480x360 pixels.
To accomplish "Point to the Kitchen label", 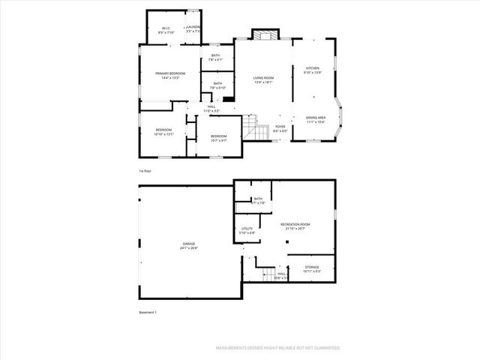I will tap(313, 67).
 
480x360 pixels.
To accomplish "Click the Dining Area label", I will tap(315, 117).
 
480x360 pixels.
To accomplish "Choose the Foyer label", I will tap(280, 127).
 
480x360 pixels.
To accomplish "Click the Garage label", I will tap(188, 244).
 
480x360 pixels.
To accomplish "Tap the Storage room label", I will tap(311, 266).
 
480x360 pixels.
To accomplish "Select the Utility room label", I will tap(247, 229).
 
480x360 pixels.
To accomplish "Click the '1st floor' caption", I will tap(145, 172).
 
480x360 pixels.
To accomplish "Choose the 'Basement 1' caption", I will tap(148, 312).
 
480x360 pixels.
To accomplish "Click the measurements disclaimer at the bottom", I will tap(277, 348).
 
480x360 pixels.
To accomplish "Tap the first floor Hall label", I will tap(211, 106).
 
